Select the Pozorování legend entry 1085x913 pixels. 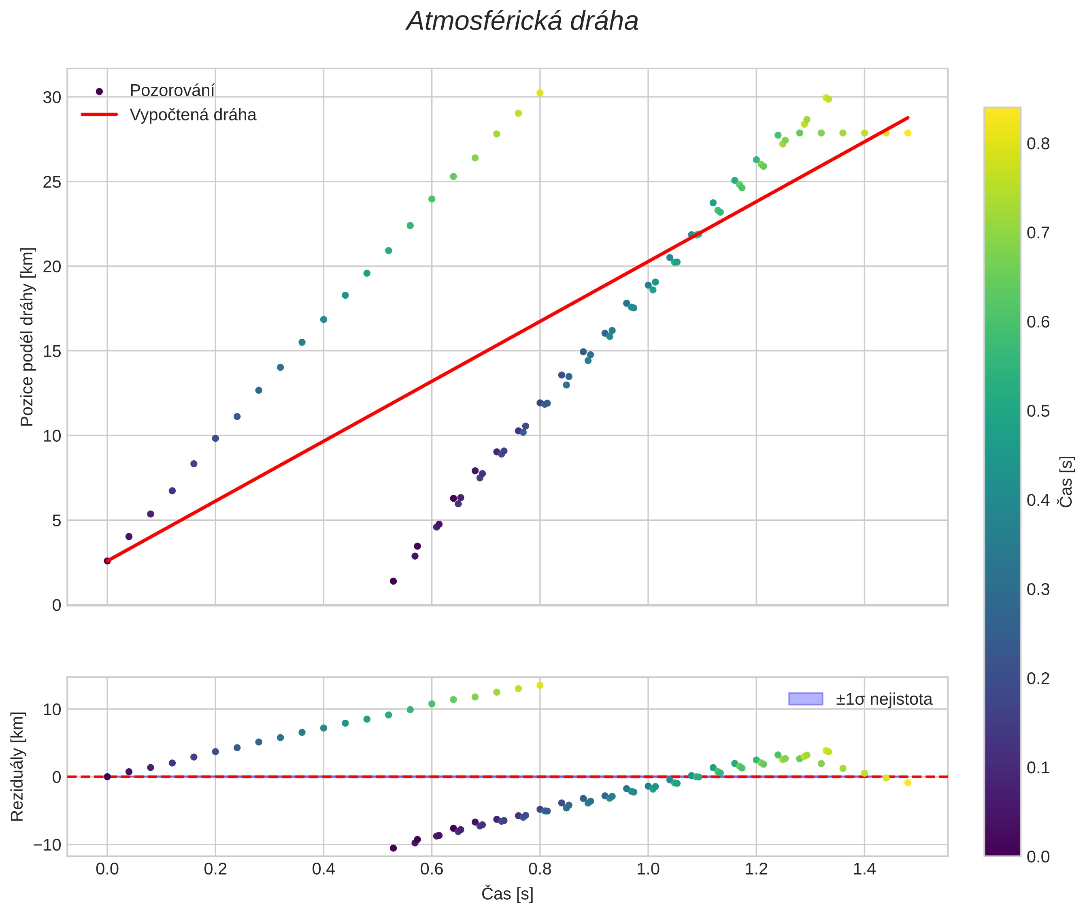172,91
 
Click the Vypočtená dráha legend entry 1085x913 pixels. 192,115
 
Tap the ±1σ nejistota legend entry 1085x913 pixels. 883,699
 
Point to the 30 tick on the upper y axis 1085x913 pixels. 52,97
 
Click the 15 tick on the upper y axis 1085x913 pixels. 52,351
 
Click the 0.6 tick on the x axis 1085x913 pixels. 432,869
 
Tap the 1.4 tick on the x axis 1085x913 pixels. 864,869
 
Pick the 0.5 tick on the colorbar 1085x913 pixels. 1038,411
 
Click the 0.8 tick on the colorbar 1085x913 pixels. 1038,143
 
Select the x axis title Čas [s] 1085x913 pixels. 507,894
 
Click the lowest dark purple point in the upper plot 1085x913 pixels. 393,581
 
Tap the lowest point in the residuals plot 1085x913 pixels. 393,848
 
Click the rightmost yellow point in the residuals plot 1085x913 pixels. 908,783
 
